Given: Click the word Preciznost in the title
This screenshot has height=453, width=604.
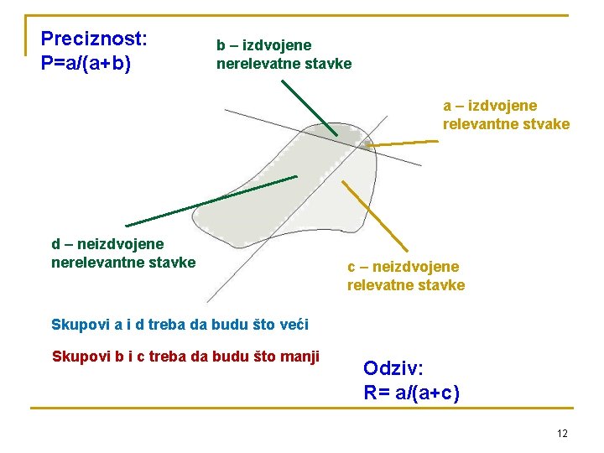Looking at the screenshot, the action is pyautogui.click(x=93, y=39).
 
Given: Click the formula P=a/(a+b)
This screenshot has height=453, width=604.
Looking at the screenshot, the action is pyautogui.click(x=91, y=64).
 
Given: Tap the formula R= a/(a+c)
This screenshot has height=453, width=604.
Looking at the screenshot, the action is pyautogui.click(x=411, y=392).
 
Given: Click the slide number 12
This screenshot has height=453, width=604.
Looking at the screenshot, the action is pyautogui.click(x=562, y=433).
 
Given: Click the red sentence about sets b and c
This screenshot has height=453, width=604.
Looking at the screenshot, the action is pyautogui.click(x=185, y=357).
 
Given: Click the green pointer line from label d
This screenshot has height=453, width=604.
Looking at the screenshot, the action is pyautogui.click(x=210, y=201).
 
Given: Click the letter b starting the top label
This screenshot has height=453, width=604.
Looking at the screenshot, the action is pyautogui.click(x=221, y=45).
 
